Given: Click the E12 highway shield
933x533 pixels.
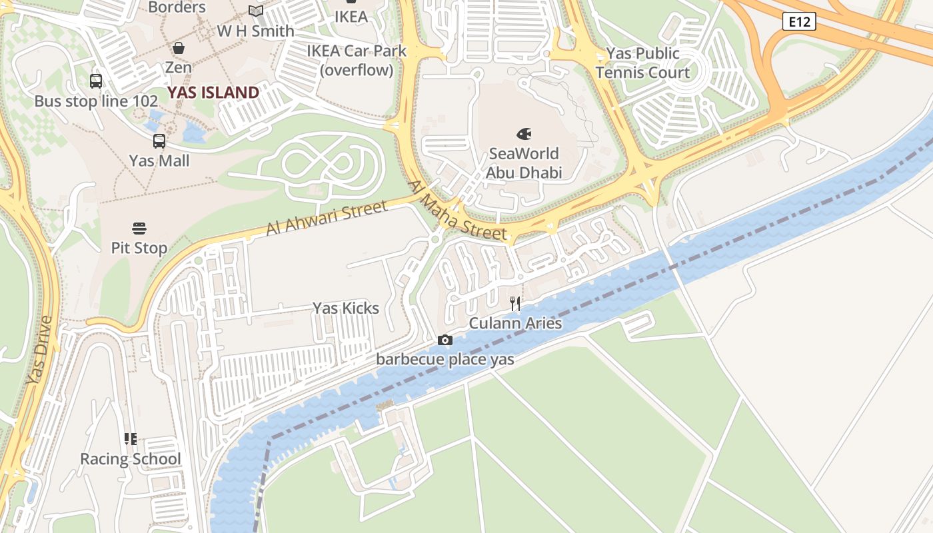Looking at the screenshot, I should coord(799,22).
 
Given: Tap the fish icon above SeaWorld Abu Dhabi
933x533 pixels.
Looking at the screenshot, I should coord(524,134).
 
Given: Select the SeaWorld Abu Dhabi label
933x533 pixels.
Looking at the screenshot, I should coord(524,163).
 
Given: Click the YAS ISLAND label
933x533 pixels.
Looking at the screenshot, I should coord(213,93).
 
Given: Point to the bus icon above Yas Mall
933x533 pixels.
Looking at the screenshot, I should coord(159,141).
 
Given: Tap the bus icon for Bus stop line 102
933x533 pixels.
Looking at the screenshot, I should coord(96,81).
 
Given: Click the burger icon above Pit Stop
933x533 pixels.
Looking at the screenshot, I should coord(139,229).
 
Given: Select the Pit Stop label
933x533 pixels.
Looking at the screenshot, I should coord(139,248).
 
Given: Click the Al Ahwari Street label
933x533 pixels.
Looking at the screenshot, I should coord(327,219).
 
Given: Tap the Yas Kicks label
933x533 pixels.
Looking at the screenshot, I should coord(346,308).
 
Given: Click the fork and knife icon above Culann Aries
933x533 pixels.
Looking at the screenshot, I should coord(515,304).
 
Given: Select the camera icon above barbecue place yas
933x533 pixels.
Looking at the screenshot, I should coord(445,340).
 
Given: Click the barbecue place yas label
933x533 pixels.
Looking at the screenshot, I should coord(445,359).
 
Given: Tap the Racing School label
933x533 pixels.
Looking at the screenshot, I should coord(131,459).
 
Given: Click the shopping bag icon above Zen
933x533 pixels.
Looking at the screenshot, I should coord(179,48).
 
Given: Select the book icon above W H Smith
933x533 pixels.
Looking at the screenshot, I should coord(256,11).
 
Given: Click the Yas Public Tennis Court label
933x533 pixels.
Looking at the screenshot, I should coord(642,63).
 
